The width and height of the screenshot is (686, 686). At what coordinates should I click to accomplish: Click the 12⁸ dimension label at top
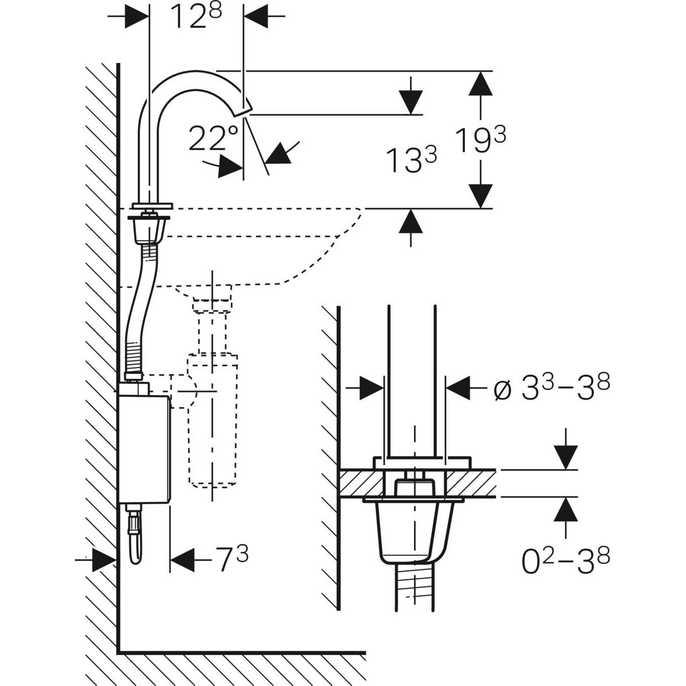point(196,17)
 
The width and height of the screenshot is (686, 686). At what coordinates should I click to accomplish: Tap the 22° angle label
point(213,138)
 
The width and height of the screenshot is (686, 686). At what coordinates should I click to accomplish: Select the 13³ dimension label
point(411,160)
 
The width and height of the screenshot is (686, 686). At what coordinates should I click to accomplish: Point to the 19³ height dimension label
point(481,140)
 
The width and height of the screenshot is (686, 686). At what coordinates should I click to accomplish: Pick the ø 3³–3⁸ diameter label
point(552,387)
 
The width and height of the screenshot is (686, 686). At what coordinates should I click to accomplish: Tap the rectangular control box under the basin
point(144,449)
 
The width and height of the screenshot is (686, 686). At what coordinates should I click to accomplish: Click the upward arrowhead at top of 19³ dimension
point(481,83)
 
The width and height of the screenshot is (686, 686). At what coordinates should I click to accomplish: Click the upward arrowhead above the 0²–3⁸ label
point(566,509)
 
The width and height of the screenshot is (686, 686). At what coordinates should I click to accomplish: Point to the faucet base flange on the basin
point(153,206)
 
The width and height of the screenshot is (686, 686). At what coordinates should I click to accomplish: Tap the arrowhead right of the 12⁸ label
point(256,16)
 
